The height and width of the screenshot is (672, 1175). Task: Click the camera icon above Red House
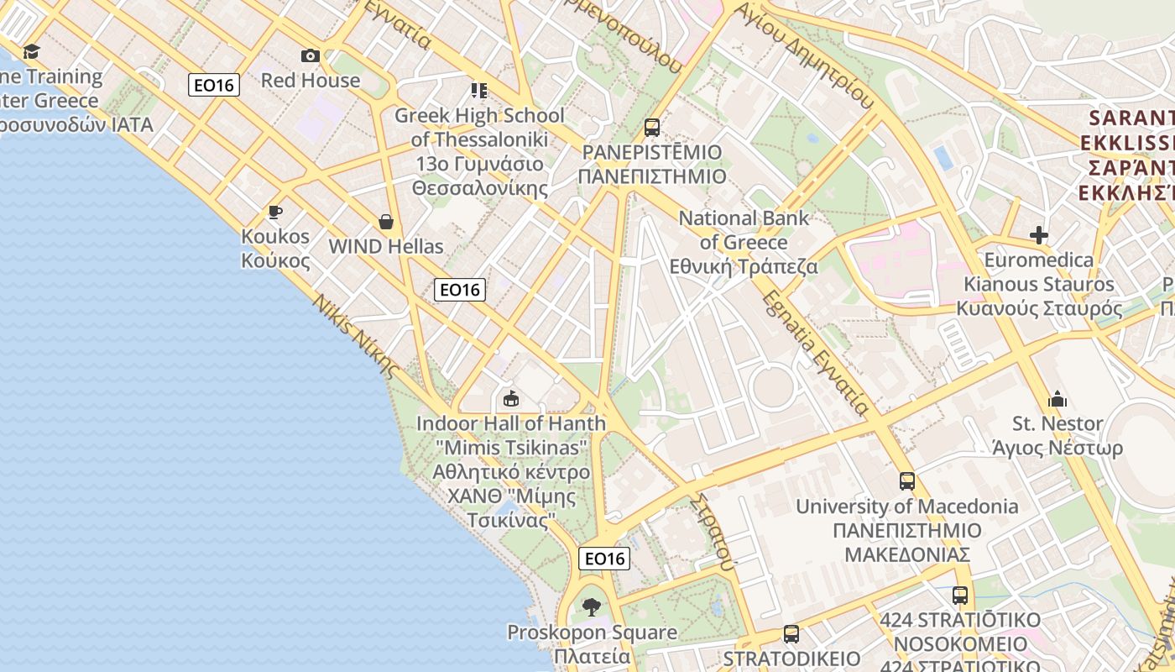tap(311, 56)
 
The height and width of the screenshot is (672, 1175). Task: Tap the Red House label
tap(311, 81)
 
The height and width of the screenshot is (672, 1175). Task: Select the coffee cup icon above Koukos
tap(274, 212)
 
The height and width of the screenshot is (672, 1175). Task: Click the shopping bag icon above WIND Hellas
tap(386, 222)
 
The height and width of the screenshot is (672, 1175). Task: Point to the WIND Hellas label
tap(386, 247)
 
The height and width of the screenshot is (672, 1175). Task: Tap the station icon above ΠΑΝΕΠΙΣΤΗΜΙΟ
tap(652, 128)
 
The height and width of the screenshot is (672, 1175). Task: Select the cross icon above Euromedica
tap(1039, 235)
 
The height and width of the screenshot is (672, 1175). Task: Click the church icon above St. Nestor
tap(1057, 398)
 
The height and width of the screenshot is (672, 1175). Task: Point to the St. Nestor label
tap(1057, 423)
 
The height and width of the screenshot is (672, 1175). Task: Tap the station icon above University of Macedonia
tap(907, 481)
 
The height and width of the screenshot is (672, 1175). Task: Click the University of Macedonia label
tap(907, 507)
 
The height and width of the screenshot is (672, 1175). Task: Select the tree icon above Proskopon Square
tap(592, 606)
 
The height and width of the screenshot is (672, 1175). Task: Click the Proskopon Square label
tap(592, 632)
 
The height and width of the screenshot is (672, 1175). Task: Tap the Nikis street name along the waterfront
tap(353, 335)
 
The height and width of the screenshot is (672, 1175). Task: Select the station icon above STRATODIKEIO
tap(791, 634)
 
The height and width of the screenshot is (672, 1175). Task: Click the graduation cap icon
tap(32, 52)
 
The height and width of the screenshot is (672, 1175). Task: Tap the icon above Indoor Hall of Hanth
tap(510, 398)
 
